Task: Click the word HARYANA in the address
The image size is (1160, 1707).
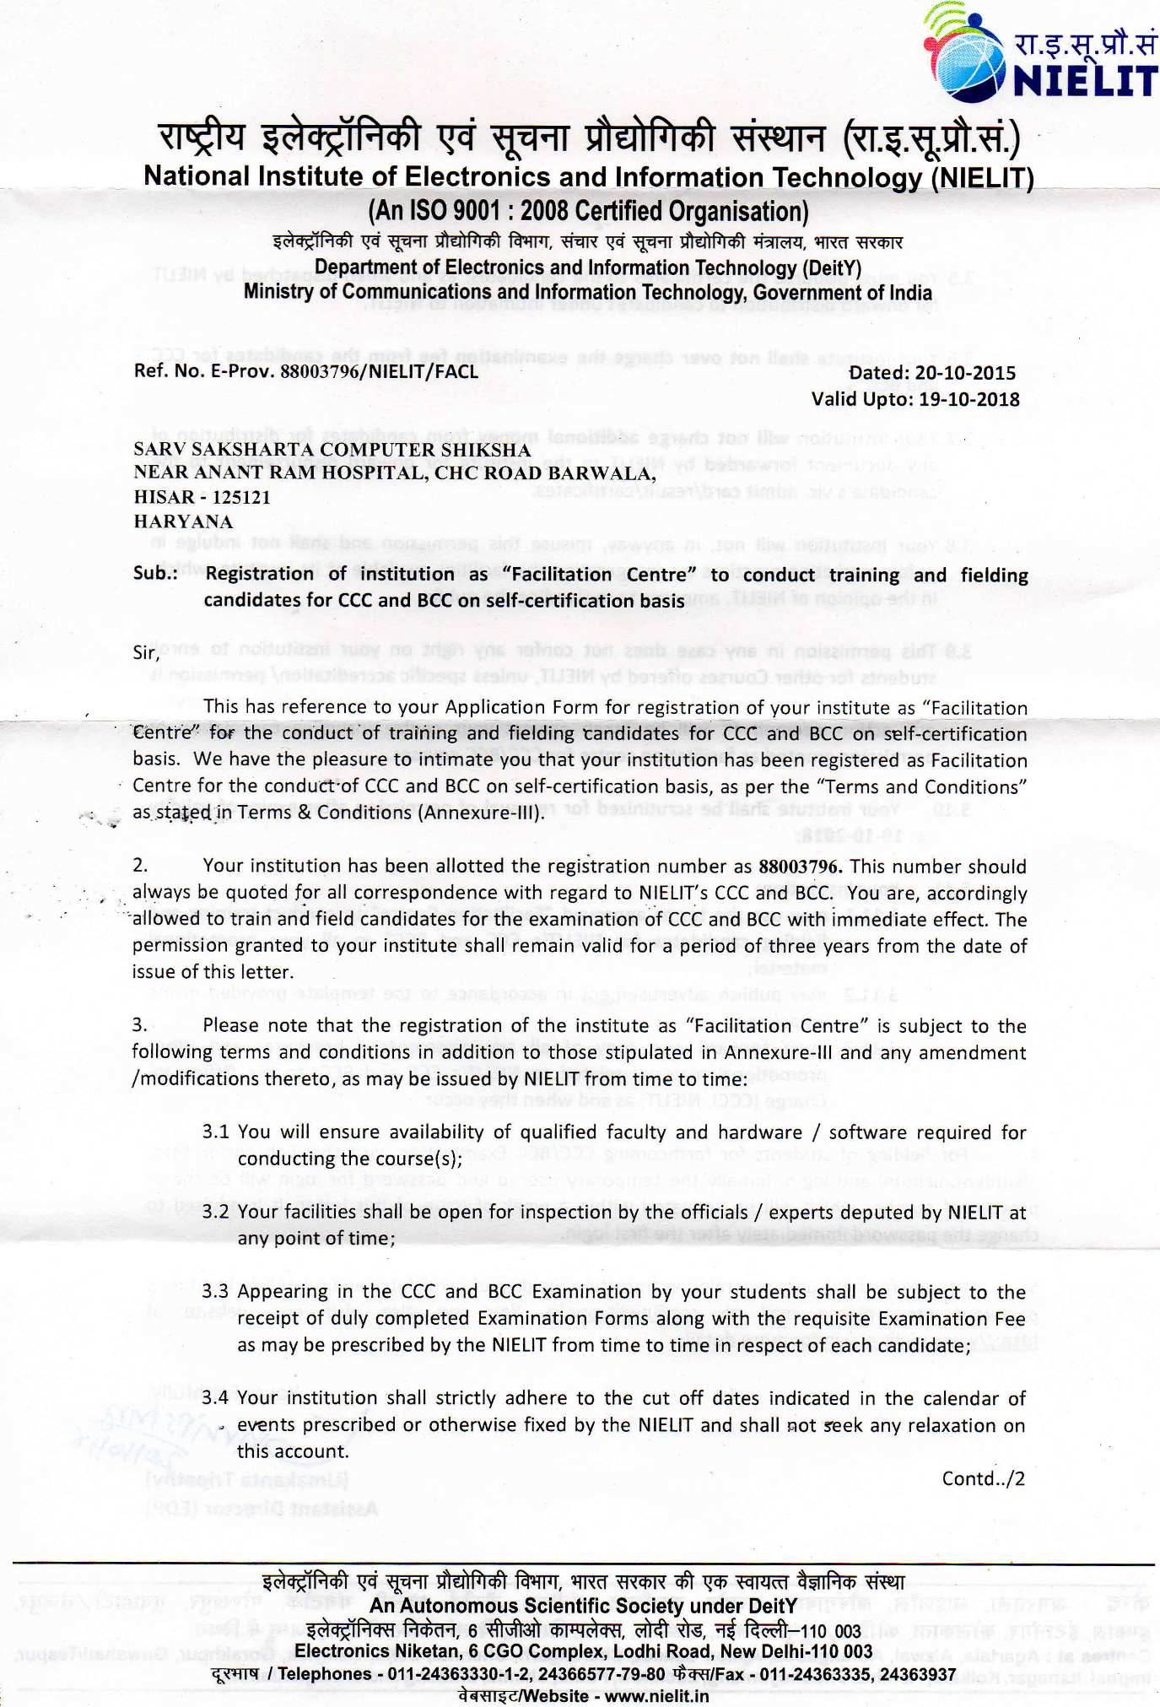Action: coord(183,521)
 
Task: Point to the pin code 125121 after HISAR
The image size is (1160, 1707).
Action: coord(241,497)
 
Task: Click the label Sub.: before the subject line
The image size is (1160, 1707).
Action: coord(155,574)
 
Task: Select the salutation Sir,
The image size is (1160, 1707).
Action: coord(146,652)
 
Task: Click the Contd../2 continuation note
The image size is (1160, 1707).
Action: coord(983,1478)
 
